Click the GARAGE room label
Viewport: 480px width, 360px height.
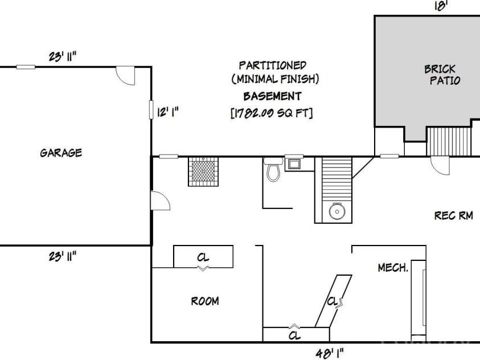61,153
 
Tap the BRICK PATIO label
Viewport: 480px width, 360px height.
442,75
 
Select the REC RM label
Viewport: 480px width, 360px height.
453,216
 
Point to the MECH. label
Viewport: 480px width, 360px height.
393,267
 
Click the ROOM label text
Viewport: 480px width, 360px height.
204,301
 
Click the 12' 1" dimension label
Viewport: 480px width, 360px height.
168,112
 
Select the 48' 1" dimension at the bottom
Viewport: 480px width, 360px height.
330,352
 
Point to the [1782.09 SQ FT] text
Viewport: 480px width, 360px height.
272,113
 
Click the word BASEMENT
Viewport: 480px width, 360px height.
272,96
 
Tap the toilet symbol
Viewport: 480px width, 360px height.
273,170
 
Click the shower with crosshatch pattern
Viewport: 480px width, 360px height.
203,171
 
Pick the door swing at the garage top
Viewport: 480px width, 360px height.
125,75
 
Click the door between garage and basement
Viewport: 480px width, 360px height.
159,201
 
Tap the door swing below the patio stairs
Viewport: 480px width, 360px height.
440,166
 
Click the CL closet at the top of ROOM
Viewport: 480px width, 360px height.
203,256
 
